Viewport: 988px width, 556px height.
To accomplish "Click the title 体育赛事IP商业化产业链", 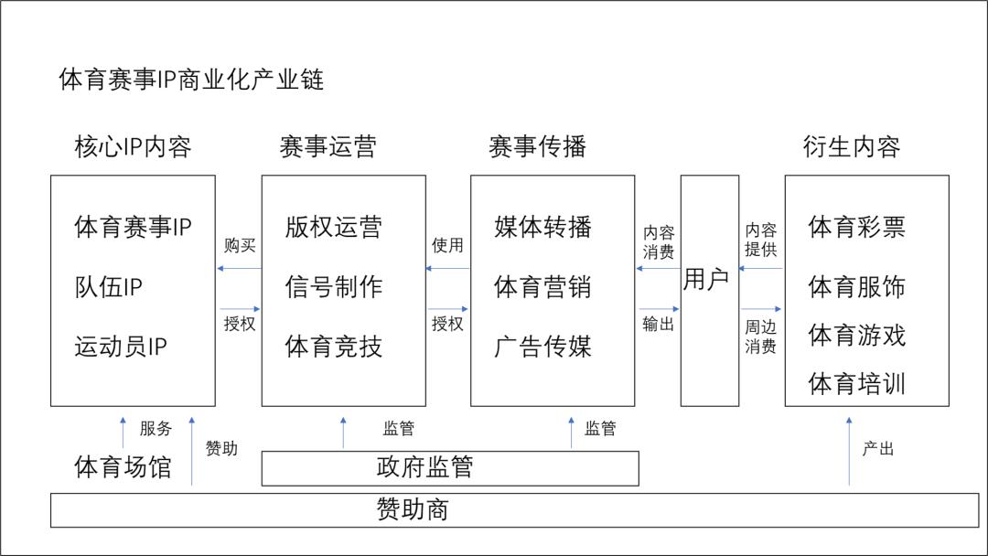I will point(191,80).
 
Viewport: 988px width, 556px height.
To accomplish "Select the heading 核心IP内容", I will point(133,147).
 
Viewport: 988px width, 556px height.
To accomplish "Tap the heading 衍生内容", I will point(851,147).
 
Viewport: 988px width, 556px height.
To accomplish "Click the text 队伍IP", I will point(108,287).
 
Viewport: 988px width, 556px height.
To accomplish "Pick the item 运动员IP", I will point(121,347).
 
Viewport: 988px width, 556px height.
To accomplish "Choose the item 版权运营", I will point(333,227).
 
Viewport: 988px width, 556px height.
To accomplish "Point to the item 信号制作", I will point(333,287).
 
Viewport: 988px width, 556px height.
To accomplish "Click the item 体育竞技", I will point(333,347).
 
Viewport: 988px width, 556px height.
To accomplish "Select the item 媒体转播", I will point(542,227).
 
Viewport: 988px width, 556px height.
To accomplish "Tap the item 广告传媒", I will point(542,347).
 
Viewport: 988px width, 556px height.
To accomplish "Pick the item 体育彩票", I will point(856,227).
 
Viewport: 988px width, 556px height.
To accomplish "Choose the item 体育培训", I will point(856,383).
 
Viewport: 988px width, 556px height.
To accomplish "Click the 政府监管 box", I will point(450,467).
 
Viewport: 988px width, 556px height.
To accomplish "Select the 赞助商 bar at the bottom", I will point(513,509).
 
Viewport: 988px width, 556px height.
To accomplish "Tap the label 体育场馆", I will point(123,467).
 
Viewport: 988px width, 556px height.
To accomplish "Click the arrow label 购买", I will point(240,245).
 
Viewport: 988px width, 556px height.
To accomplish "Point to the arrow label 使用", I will point(447,245).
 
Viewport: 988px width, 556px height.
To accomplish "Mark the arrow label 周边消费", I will point(760,336).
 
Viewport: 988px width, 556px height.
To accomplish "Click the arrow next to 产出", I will point(849,449).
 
